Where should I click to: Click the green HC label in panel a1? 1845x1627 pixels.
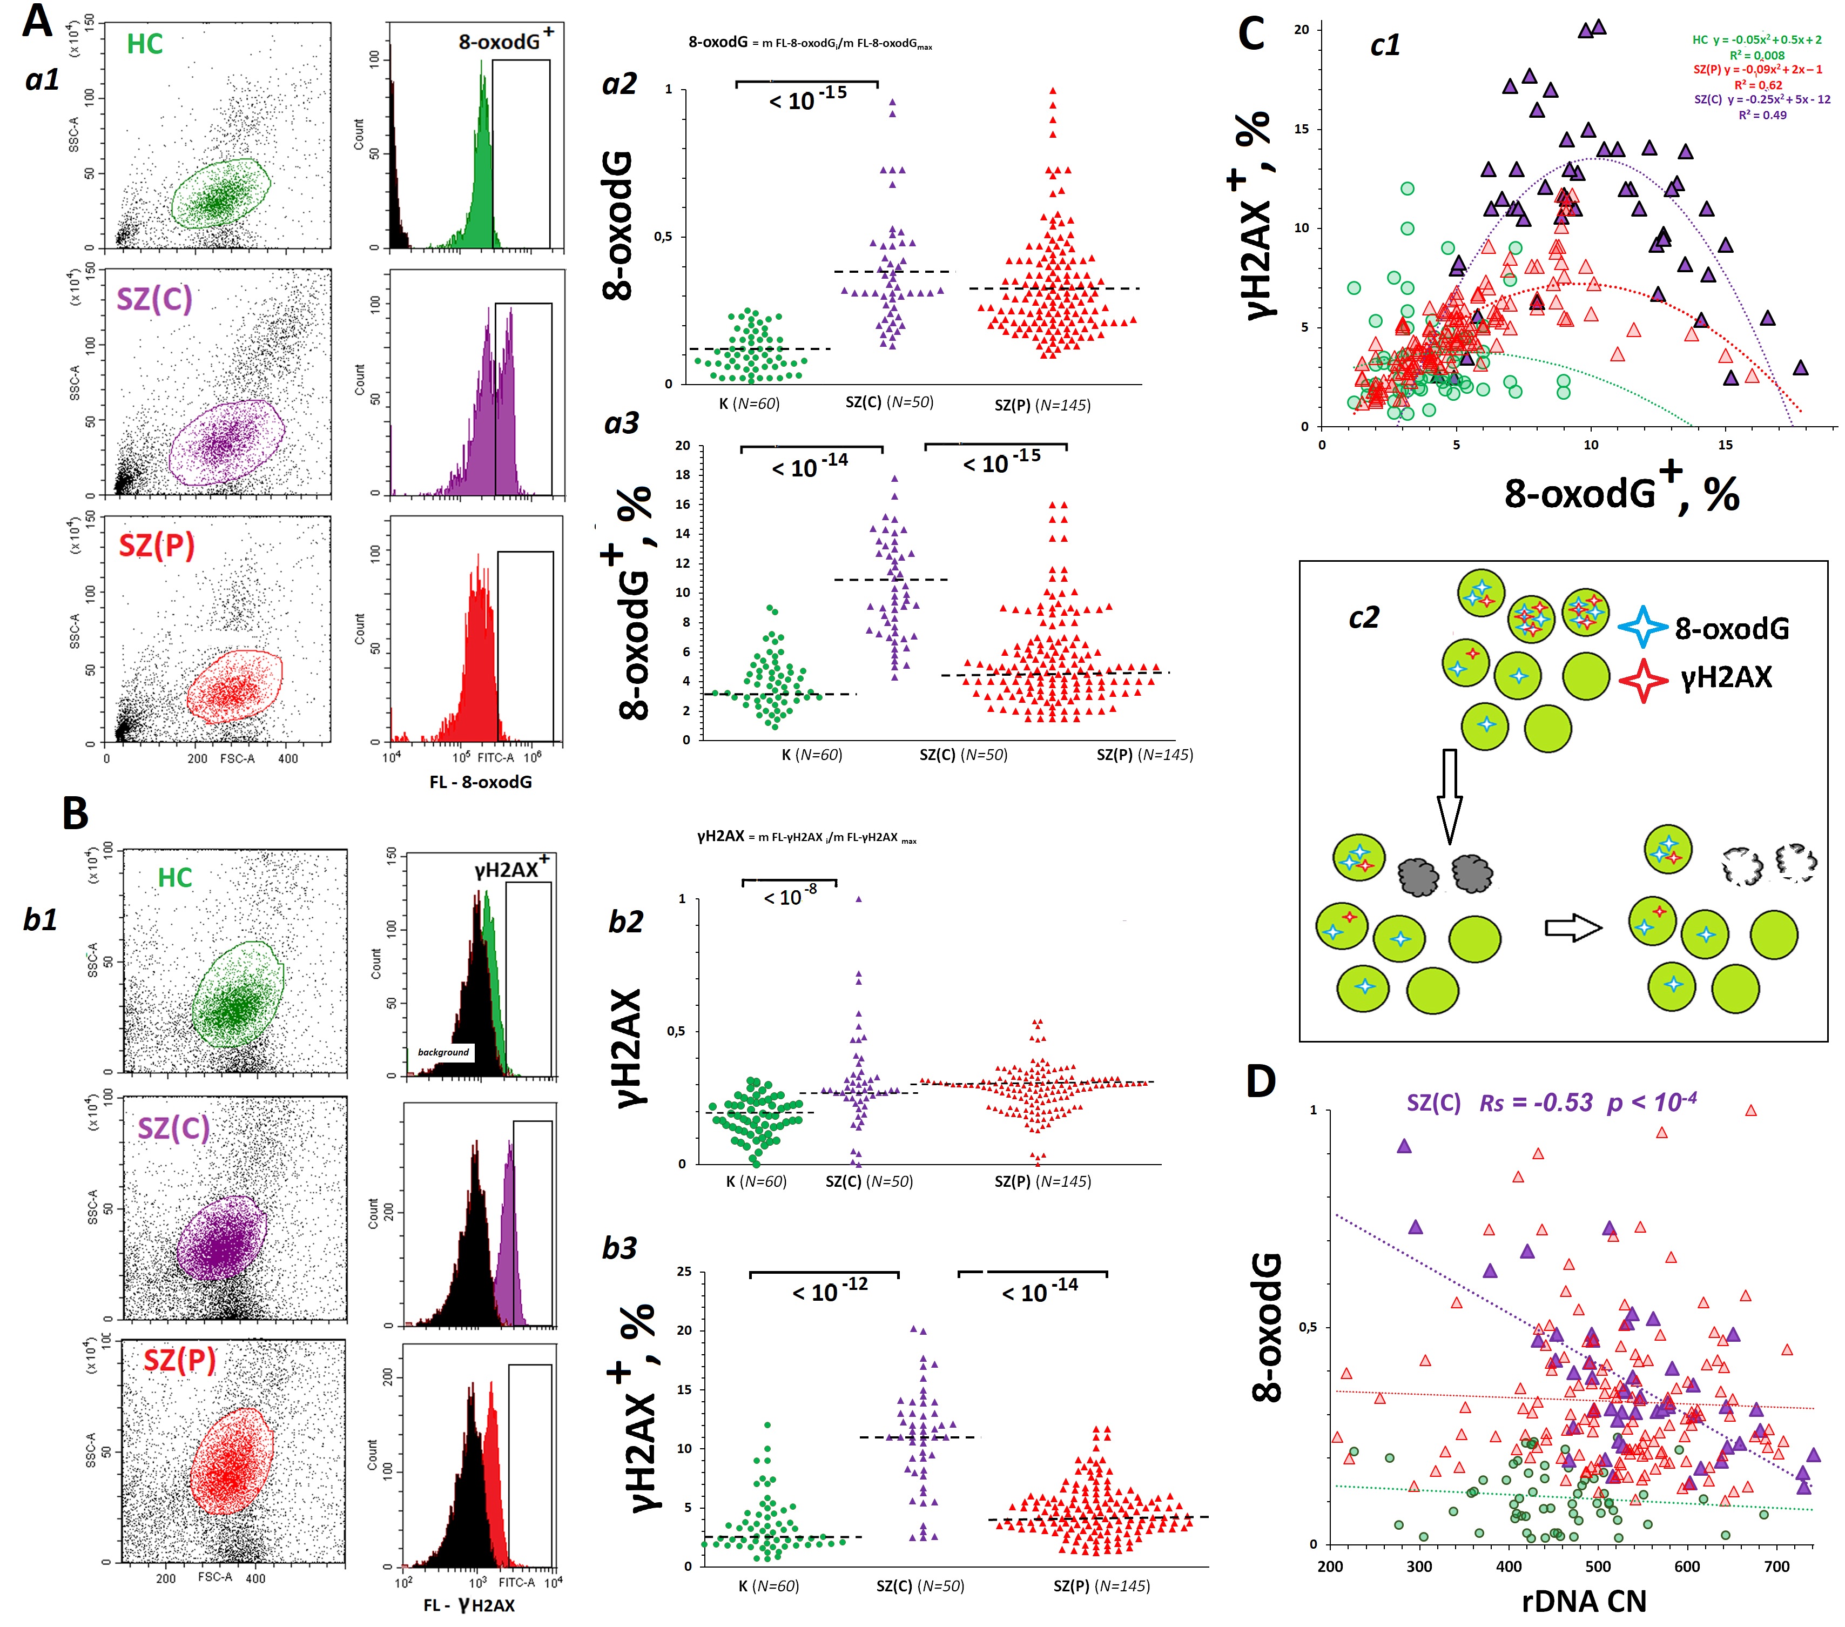[144, 44]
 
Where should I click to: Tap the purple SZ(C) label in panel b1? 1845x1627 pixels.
[173, 1128]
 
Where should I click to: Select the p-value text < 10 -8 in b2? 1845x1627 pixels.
[790, 897]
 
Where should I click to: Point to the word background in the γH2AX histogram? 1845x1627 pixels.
[443, 1052]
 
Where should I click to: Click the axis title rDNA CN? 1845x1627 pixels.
[1584, 1601]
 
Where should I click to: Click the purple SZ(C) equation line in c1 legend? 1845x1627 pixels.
[1761, 99]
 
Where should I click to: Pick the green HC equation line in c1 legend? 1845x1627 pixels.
[1756, 40]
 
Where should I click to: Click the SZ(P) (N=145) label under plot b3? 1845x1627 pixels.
[1101, 1585]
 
